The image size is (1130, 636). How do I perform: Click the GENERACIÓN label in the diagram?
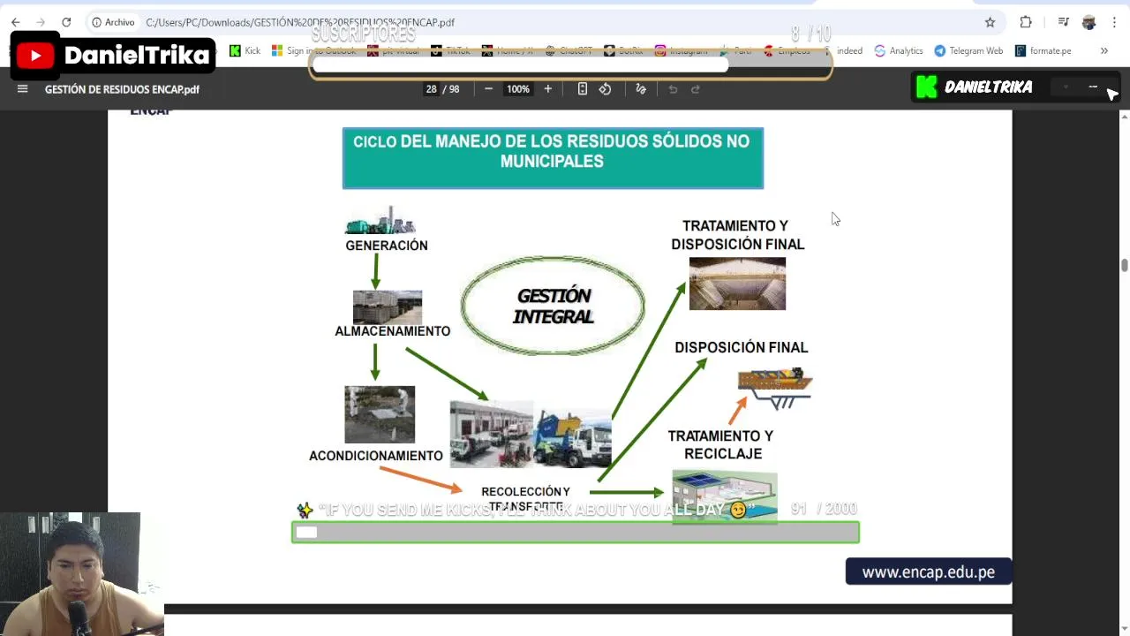[x=387, y=246]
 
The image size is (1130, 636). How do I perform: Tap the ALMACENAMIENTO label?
[x=392, y=331]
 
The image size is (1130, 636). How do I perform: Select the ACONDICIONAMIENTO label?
[x=376, y=456]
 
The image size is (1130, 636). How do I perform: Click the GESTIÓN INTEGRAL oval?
[x=553, y=306]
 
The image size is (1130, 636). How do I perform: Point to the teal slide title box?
[x=553, y=158]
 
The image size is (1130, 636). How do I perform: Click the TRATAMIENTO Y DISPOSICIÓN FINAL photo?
[x=737, y=284]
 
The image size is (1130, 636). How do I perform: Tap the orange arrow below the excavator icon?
[x=737, y=410]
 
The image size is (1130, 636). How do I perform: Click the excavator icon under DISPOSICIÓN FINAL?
[x=775, y=387]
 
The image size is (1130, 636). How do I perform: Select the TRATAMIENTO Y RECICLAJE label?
[x=720, y=444]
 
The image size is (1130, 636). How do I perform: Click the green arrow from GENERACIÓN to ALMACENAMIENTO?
[x=376, y=271]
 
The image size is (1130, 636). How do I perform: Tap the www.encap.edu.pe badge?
[x=928, y=572]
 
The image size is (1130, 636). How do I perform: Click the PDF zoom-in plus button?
[x=547, y=89]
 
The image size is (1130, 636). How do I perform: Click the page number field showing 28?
[x=431, y=89]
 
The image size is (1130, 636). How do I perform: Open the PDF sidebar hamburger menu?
[x=23, y=89]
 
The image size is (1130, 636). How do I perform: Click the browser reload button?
[x=66, y=22]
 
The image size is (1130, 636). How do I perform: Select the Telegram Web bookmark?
[x=968, y=51]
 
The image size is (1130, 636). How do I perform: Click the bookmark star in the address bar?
[x=990, y=22]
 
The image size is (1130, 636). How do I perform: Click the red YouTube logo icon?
[x=35, y=57]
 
